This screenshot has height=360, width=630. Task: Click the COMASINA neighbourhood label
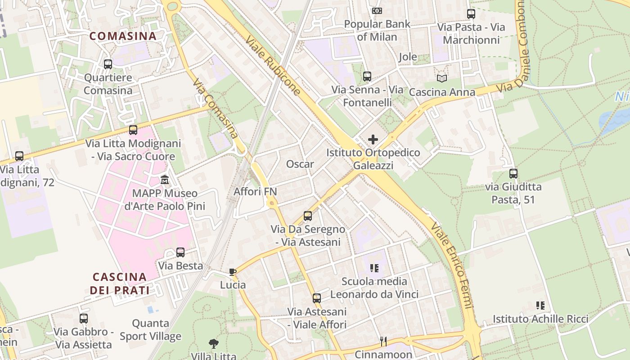point(123,36)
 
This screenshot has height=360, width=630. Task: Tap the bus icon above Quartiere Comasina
point(108,64)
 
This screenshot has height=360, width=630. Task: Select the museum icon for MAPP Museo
point(165,180)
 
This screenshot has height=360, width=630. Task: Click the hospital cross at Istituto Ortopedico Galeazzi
point(373,139)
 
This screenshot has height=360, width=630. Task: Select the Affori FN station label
point(255,192)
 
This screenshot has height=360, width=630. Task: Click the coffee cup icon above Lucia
point(233,272)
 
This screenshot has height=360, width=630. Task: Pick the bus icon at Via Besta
point(180,252)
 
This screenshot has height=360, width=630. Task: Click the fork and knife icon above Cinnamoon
point(383,342)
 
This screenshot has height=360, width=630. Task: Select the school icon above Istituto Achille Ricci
point(540,306)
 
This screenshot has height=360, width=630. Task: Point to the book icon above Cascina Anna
point(442,78)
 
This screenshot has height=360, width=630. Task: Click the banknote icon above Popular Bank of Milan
point(377,10)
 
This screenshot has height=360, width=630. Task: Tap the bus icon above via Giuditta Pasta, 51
point(513,173)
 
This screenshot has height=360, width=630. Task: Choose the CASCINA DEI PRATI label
point(120,283)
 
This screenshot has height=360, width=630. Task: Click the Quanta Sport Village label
point(150,329)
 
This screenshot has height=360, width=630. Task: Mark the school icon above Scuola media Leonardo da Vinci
point(374,268)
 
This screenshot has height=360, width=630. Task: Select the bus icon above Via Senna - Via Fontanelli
point(367,76)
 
